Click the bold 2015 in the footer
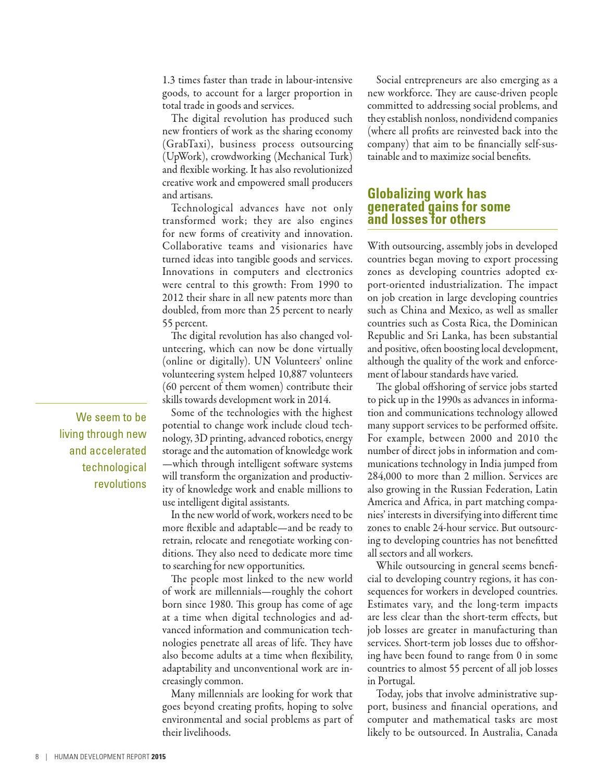(159, 757)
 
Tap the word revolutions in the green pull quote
(120, 484)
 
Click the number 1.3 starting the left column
(169, 80)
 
